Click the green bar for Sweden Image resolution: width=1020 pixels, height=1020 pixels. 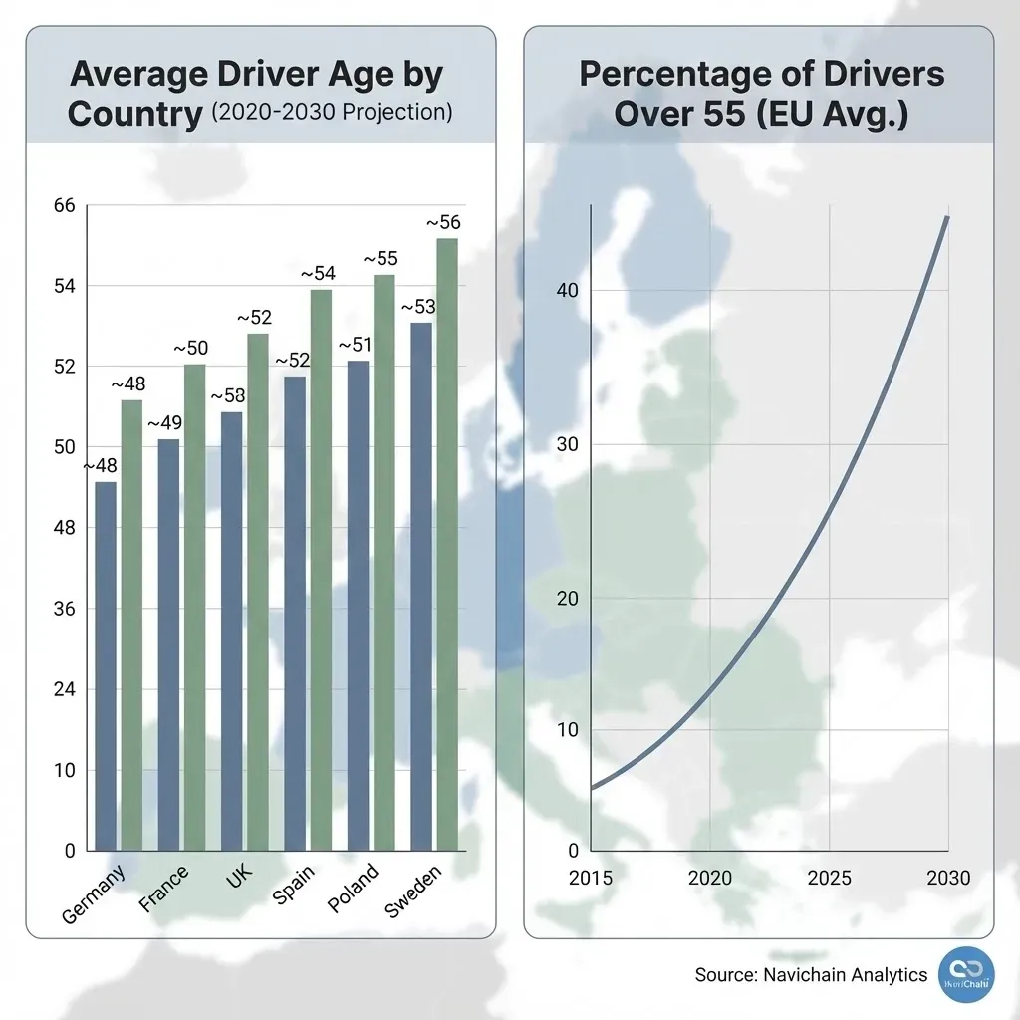[447, 544]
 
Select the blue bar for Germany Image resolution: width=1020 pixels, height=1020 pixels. [106, 665]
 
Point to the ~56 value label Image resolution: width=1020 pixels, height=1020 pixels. [443, 222]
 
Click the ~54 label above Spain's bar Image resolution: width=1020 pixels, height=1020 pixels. [318, 273]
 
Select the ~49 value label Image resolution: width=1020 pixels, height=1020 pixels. [164, 423]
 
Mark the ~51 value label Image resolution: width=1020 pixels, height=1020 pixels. [356, 345]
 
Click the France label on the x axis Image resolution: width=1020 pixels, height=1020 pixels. [164, 889]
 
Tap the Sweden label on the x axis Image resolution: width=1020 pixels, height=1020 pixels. [412, 892]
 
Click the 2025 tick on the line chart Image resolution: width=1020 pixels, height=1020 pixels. [829, 878]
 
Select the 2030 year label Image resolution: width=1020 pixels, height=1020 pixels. [947, 878]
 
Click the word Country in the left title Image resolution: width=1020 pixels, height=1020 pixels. [134, 113]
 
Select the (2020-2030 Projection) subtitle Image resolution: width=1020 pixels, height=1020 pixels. [332, 112]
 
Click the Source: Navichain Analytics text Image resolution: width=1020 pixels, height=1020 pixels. [811, 975]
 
